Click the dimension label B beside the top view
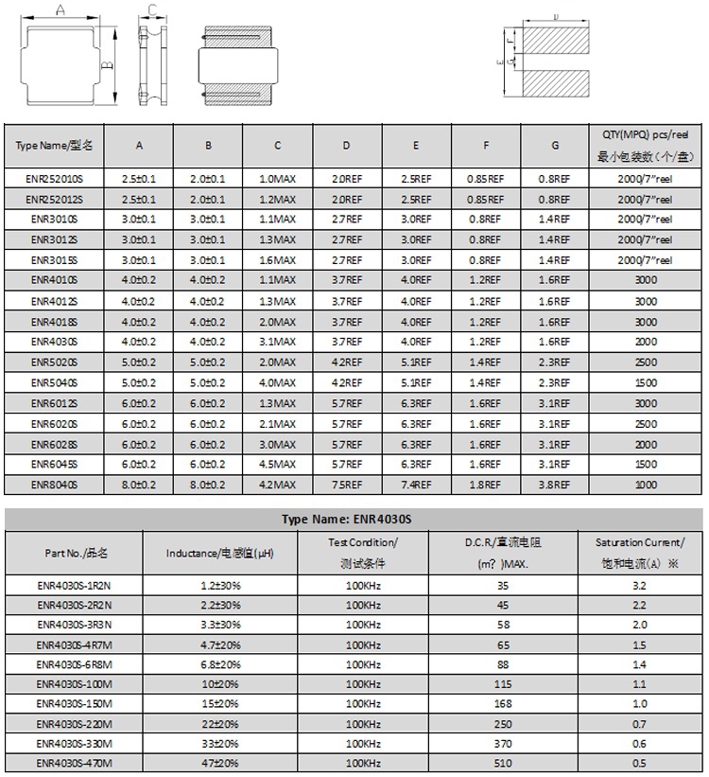108,63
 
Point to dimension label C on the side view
151,10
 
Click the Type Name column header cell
55,146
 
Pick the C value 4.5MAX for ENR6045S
277,464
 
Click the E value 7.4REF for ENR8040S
416,485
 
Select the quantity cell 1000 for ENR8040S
646,485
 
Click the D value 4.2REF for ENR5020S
347,362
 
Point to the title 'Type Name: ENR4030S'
354,520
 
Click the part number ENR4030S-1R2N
75,586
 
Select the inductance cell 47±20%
219,763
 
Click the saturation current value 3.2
639,586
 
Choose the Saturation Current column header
639,552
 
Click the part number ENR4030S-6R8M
75,664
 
